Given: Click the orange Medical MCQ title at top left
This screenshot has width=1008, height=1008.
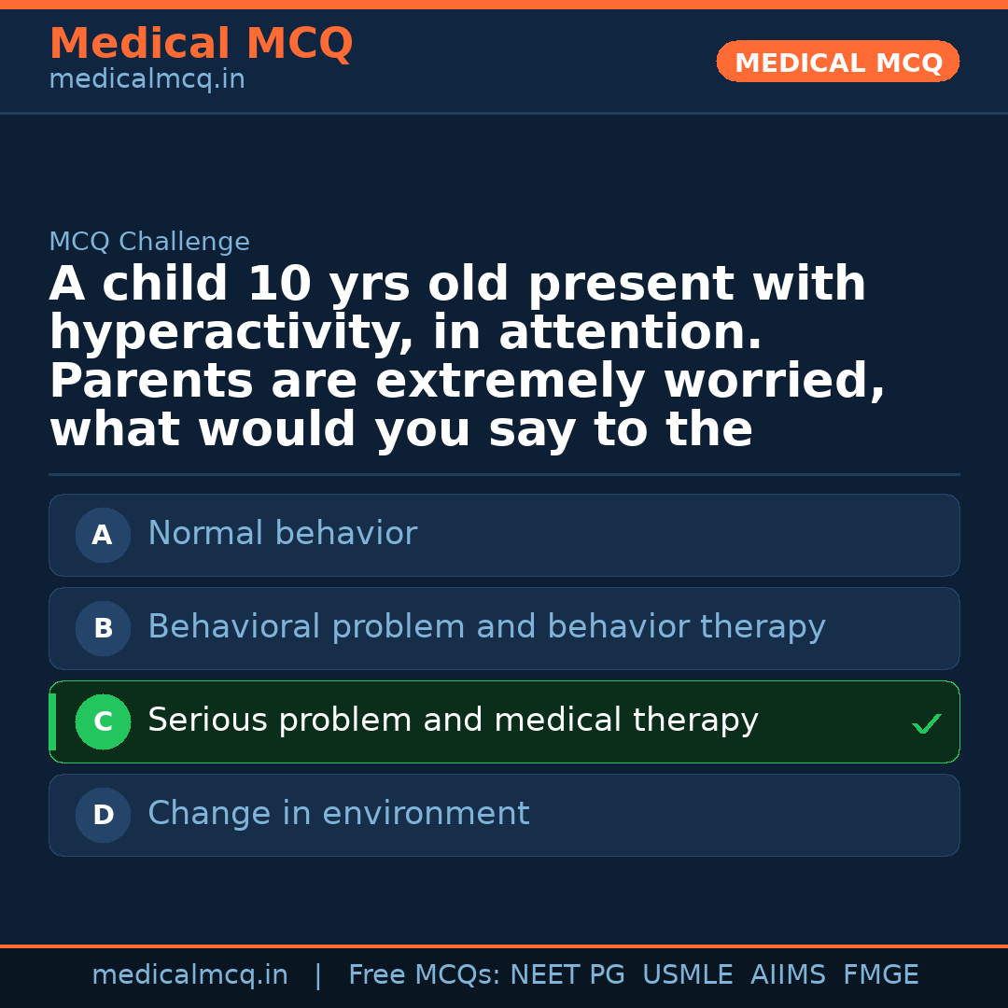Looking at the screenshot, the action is point(202,43).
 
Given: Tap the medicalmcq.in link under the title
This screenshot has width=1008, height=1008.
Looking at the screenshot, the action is point(147,79).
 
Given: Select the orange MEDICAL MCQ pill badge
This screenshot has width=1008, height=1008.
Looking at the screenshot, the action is point(837,62).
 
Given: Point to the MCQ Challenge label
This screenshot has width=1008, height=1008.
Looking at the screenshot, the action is point(149,242).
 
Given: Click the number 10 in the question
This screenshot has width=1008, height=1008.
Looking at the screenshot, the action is point(280,284).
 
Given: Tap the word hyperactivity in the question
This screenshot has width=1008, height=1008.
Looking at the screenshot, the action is point(231,333).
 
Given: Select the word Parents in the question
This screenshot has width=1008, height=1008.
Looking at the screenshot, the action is point(151,381).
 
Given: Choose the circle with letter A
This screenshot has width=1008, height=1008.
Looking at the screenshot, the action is point(103,535).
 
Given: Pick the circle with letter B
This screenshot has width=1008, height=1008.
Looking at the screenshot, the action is point(103,628).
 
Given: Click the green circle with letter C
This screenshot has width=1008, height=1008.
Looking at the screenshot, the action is point(103,721).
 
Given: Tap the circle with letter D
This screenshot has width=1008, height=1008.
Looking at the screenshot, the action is point(103,815).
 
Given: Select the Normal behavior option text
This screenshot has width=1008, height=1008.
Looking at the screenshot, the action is point(283,533).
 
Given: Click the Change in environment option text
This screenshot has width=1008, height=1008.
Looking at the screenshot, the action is point(339,813).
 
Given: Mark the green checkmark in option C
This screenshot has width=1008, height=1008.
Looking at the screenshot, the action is point(927,723).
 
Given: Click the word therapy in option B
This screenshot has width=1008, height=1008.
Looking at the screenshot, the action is point(763,627).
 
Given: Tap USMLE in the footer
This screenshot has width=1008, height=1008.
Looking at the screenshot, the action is point(688,974).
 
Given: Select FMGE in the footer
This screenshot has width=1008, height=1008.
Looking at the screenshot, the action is point(881,974).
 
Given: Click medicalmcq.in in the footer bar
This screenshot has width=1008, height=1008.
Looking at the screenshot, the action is point(190,974).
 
